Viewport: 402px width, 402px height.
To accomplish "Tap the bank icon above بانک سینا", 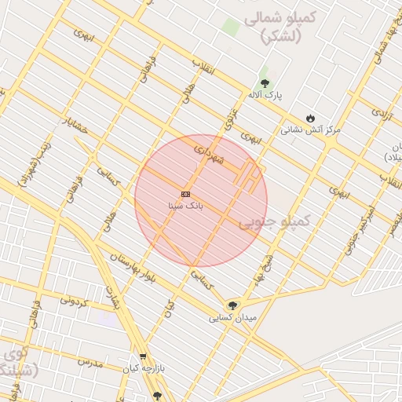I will [185, 193].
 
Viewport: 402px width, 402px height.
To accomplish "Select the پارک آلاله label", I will [265, 94].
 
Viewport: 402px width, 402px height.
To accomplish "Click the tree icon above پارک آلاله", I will [264, 82].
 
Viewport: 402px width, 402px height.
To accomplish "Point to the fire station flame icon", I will [311, 118].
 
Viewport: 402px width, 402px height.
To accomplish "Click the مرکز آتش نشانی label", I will [311, 130].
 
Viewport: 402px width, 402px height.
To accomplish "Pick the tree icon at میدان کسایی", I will [232, 305].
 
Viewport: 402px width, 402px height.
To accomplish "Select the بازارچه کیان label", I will [142, 367].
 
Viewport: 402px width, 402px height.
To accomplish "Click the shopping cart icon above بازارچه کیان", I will [142, 356].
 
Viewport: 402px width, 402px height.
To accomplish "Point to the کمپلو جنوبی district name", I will [274, 222].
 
